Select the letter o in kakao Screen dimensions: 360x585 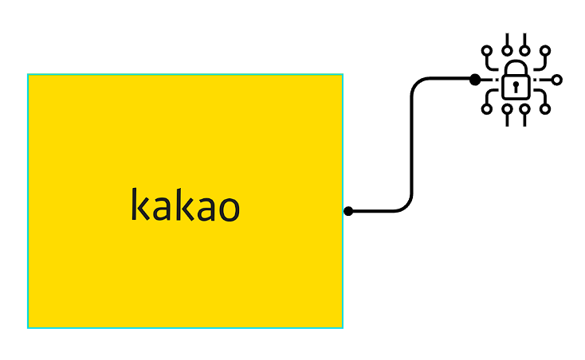[228, 208]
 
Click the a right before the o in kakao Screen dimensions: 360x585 [205, 208]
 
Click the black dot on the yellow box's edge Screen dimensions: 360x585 [348, 211]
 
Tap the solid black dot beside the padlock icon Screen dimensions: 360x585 [475, 80]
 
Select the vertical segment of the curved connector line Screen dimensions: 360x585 [411, 143]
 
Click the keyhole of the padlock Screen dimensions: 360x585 [516, 84]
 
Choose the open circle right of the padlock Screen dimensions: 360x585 [557, 80]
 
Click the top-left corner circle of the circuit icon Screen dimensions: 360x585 [487, 51]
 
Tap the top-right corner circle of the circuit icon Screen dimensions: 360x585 [545, 51]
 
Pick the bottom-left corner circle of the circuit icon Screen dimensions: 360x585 [487, 108]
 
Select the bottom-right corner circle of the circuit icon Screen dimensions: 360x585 [545, 108]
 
